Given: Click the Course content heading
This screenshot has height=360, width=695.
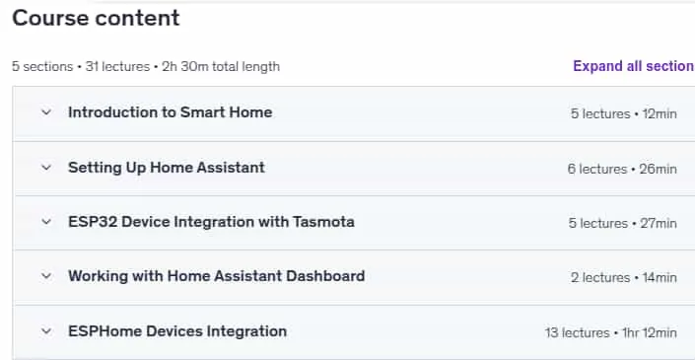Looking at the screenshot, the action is click(96, 19).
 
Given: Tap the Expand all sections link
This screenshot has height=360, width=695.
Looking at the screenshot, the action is click(634, 66).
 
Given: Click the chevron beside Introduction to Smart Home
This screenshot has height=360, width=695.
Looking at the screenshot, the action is click(46, 112).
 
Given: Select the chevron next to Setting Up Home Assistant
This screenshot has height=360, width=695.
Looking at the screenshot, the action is click(46, 167).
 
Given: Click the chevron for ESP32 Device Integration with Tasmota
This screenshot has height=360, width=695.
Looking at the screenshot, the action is click(46, 222).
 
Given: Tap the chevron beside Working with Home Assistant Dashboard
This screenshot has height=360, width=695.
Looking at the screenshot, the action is click(46, 276).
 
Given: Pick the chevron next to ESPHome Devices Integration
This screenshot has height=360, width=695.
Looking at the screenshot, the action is click(46, 331).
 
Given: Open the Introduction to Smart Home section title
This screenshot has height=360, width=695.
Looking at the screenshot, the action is click(171, 112).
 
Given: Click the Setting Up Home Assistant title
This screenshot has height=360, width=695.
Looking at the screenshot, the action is click(167, 168).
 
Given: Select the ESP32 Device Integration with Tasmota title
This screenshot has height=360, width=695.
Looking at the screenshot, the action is click(211, 222).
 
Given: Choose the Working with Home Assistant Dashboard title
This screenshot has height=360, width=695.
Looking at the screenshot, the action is click(216, 276).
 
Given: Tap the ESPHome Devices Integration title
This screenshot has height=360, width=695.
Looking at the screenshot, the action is click(177, 331).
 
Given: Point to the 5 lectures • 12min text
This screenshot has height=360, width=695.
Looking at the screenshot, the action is click(624, 114).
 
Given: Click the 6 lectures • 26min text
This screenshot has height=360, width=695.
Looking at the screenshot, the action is click(622, 169).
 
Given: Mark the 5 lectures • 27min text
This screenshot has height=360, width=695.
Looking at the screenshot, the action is click(623, 224).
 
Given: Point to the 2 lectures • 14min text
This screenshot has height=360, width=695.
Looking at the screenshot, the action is click(624, 278).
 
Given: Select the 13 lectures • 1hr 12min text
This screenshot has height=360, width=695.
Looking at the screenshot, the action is click(611, 333).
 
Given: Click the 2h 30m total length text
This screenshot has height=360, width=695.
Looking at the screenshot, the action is click(221, 66).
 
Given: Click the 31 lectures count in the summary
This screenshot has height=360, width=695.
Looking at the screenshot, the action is click(117, 66).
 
